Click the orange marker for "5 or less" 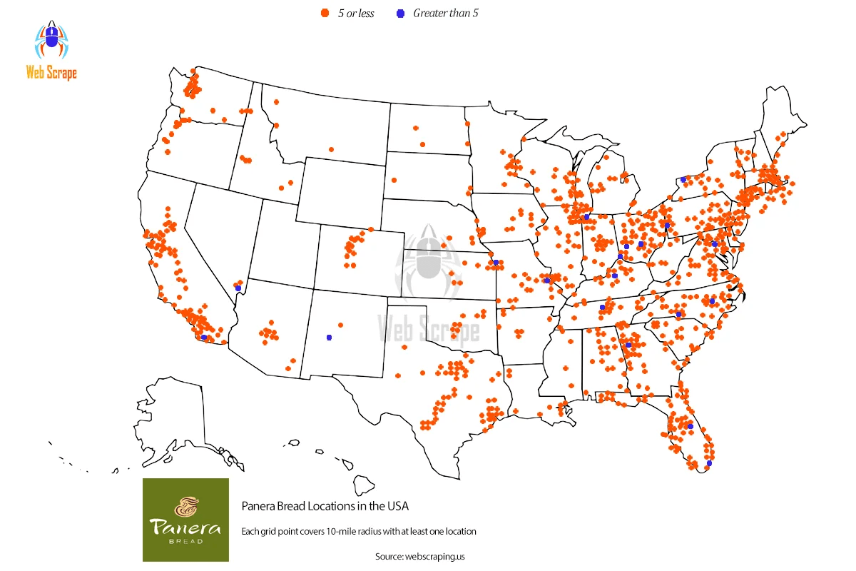click(325, 14)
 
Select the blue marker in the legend click(400, 14)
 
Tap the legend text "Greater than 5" click(446, 14)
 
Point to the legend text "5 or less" click(356, 14)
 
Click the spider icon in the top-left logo click(51, 41)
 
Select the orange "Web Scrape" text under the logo click(51, 72)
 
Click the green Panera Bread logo click(185, 520)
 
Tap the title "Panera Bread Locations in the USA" click(325, 506)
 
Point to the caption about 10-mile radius click(358, 531)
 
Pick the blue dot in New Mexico click(329, 337)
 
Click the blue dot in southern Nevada click(238, 288)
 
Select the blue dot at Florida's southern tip click(708, 463)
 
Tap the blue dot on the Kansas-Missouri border click(496, 263)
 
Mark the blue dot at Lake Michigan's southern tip click(586, 216)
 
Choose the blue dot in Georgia click(628, 345)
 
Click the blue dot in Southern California click(204, 337)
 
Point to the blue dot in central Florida click(690, 426)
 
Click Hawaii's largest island click(365, 485)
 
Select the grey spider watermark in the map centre click(428, 261)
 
